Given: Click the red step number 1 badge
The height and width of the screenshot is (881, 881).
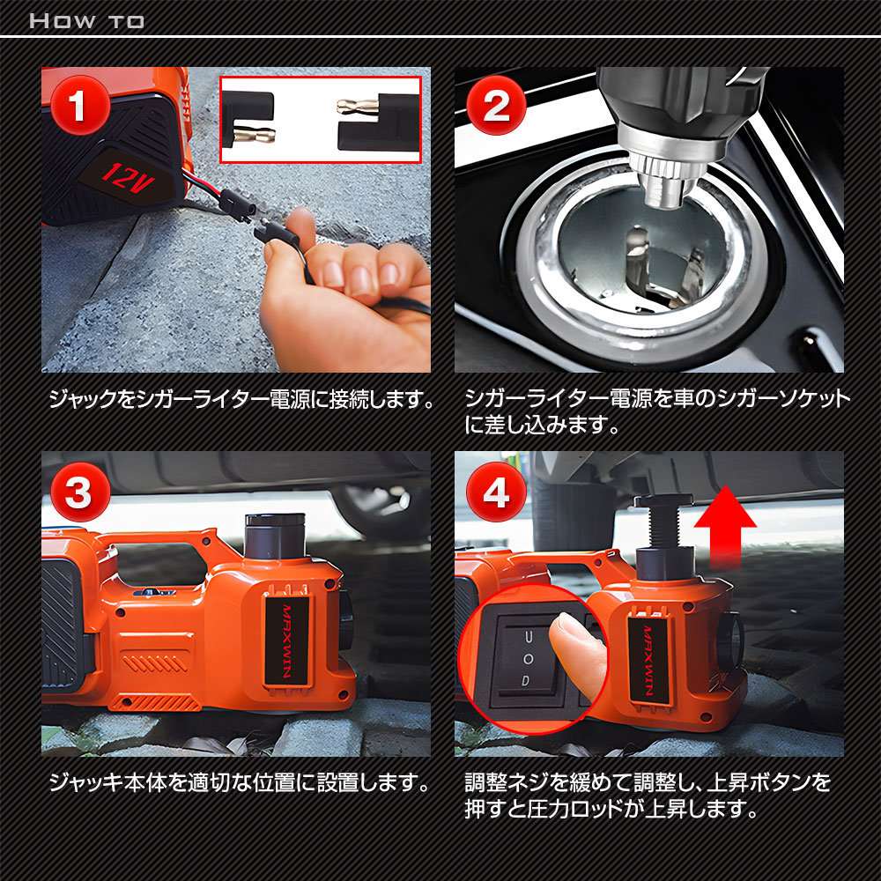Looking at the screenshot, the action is coord(80,105).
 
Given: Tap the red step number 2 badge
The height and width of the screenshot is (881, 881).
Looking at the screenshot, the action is coord(496,105).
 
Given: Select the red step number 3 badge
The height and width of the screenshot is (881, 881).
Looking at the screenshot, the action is coord(80,492).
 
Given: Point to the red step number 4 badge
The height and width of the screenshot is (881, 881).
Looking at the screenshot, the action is coord(496,492).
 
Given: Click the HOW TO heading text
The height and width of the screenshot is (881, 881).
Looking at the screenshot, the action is coord(86,21).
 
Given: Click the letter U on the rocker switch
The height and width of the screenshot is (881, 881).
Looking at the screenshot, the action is coord(528,637).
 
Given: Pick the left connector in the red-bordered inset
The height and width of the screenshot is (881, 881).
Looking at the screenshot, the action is coord(248,119).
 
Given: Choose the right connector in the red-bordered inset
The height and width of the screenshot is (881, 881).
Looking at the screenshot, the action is coord(379,122).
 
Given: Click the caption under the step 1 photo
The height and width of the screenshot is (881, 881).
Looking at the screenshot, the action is coord(241,399).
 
